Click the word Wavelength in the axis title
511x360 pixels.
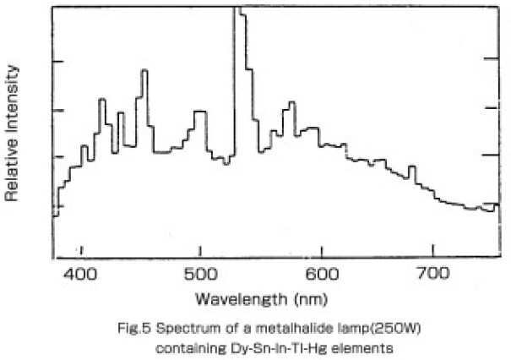pos(237,299)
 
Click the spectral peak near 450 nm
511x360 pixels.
pos(144,71)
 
